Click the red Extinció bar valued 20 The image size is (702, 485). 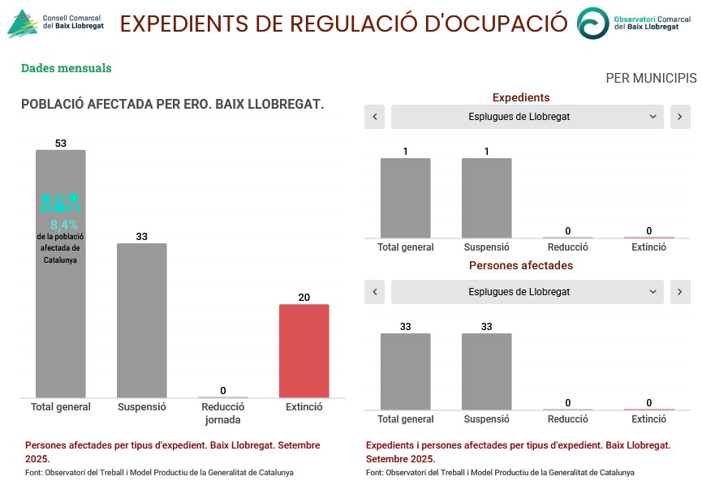tap(304, 350)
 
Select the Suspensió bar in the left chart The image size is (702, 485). tap(141, 320)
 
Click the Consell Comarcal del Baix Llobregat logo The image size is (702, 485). tap(55, 24)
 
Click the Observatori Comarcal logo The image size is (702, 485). tap(629, 23)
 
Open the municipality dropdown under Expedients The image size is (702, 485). tap(527, 117)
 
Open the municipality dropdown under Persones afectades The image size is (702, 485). tap(527, 292)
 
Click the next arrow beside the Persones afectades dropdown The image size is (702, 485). tap(680, 292)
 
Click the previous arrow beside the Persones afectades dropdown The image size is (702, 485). tap(374, 292)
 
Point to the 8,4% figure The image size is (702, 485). tap(64, 225)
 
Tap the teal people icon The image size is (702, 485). tap(60, 203)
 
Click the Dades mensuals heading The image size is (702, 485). tap(66, 68)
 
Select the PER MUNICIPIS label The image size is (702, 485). tap(651, 79)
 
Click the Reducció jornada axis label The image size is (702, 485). tap(222, 413)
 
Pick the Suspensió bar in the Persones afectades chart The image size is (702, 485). tap(486, 371)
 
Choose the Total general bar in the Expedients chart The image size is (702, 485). tap(405, 197)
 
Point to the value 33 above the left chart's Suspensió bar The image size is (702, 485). tap(141, 237)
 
